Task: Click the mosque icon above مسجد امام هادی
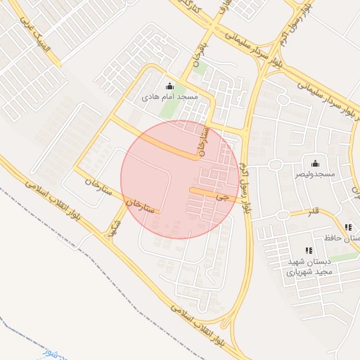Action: point(168,86)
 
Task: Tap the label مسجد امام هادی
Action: point(169,96)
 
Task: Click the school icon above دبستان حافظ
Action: point(347,227)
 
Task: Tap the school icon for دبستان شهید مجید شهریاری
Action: point(308,250)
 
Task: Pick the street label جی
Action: point(223,198)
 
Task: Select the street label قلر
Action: point(313,210)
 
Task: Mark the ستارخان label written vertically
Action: point(205,141)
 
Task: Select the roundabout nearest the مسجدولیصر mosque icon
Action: point(275,165)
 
